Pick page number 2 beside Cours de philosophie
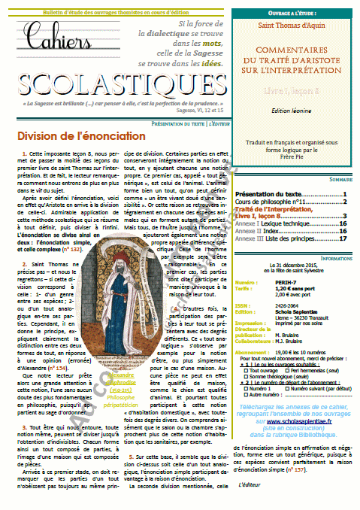coord(344,202)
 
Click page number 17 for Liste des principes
coord(342,239)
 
